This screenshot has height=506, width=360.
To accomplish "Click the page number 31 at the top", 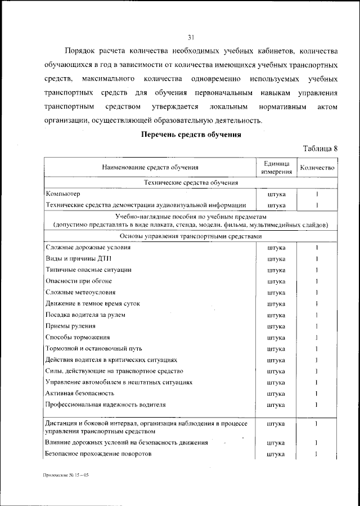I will click(191, 38).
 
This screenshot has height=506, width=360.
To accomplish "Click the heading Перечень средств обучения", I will click(191, 135).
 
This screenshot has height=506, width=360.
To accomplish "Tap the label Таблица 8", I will click(320, 149).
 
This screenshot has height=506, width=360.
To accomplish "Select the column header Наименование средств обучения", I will click(150, 167).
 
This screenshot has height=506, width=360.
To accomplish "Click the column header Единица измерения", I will click(276, 167).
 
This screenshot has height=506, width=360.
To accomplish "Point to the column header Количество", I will click(317, 167).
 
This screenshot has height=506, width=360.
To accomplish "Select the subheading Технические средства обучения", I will click(191, 183).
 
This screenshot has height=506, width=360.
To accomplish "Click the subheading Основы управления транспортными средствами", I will click(191, 236).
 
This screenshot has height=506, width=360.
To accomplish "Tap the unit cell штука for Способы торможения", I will click(276, 337).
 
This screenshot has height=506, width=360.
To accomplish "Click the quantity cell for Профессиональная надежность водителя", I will click(317, 405).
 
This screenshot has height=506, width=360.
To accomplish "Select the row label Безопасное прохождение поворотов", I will click(98, 454).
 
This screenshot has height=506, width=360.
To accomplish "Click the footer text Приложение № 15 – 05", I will click(66, 475).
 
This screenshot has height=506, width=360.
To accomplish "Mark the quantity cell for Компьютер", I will click(317, 194).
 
